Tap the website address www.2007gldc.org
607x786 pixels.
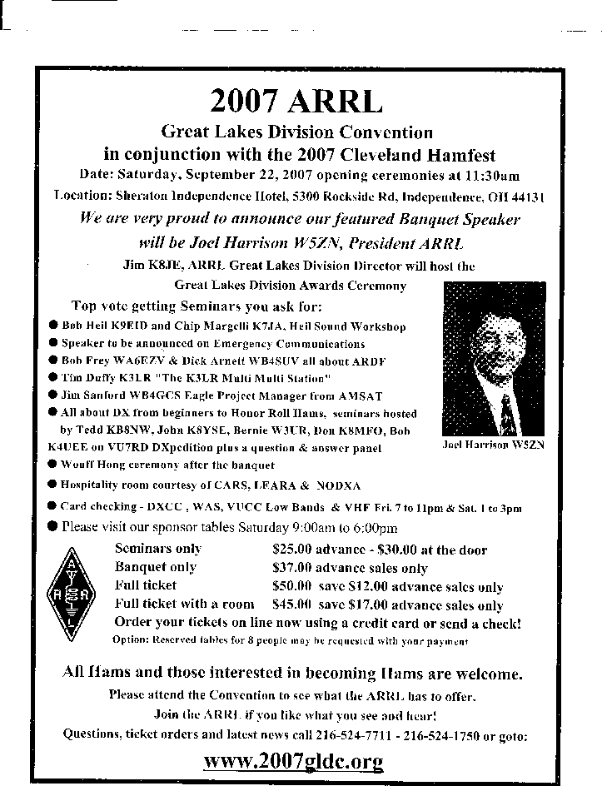click(x=293, y=760)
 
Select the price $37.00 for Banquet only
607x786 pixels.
click(x=292, y=568)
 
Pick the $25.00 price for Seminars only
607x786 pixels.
click(x=292, y=550)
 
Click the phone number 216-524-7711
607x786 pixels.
click(x=354, y=735)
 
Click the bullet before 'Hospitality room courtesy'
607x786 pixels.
click(x=52, y=485)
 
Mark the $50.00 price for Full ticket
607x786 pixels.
click(x=292, y=586)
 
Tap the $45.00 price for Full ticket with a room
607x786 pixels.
click(x=292, y=604)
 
